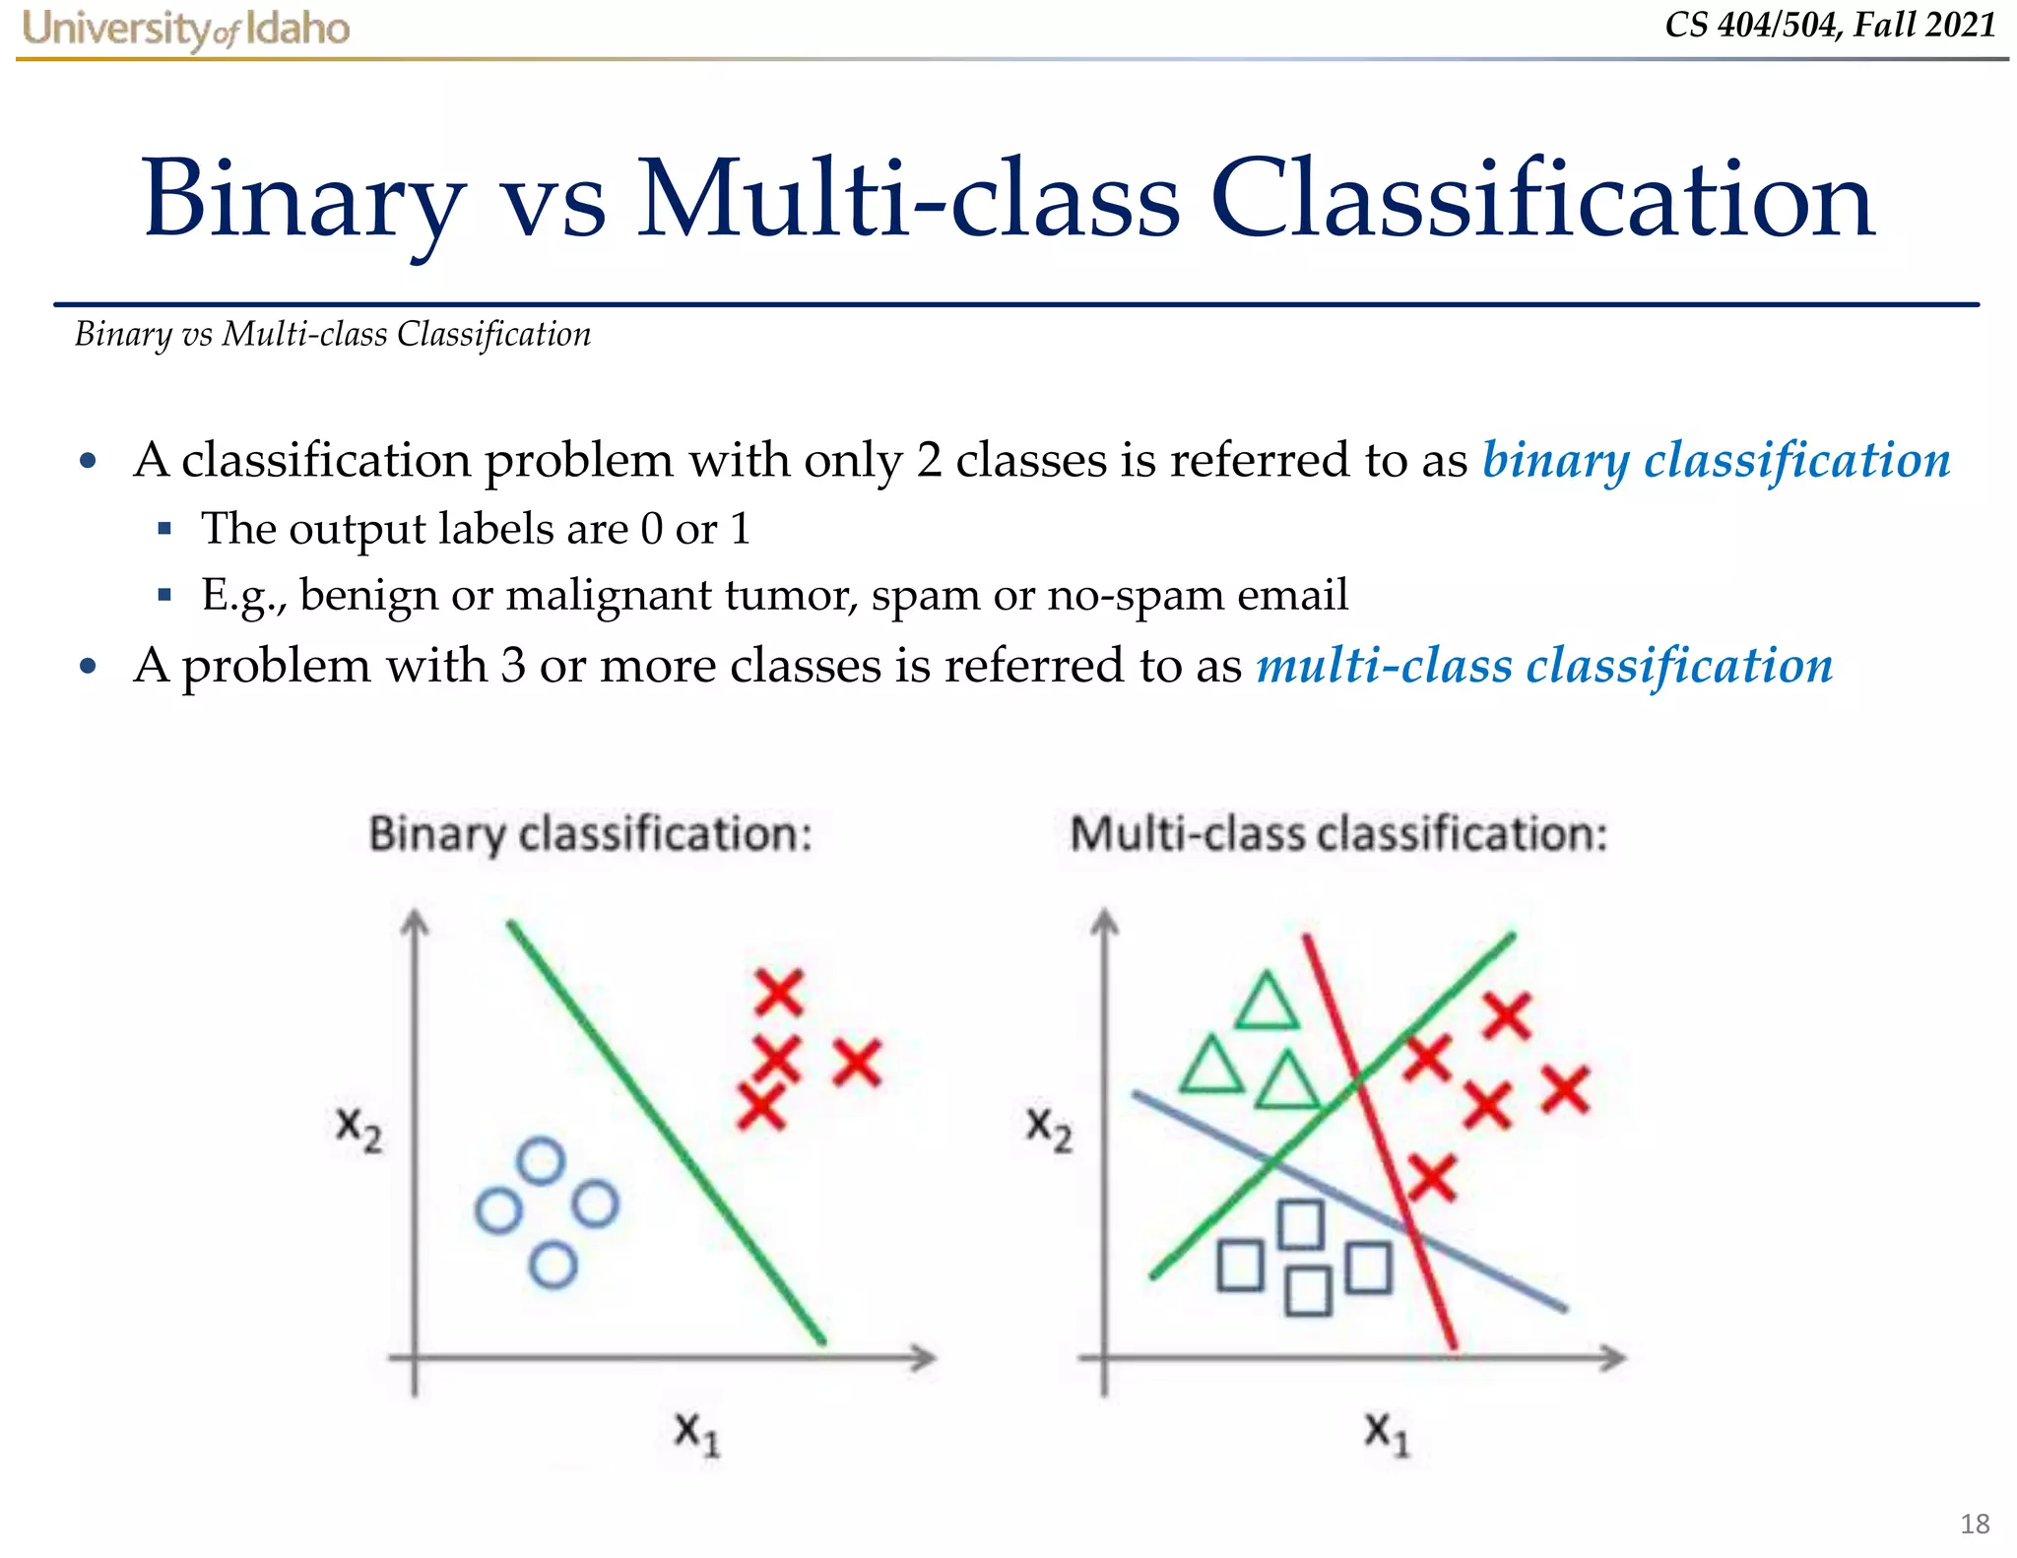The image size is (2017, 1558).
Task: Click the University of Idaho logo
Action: (x=185, y=29)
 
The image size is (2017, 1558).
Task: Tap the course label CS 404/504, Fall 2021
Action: (x=1830, y=25)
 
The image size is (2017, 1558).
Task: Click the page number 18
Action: (x=1974, y=1524)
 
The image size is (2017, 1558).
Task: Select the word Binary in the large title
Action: (x=303, y=200)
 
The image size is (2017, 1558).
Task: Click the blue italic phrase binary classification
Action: (x=1716, y=460)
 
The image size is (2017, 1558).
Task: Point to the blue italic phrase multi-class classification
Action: (x=1543, y=665)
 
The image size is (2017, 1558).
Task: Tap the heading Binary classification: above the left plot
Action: (x=590, y=834)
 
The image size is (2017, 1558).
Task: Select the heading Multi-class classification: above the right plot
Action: (x=1338, y=834)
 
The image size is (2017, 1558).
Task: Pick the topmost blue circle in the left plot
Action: (x=541, y=1161)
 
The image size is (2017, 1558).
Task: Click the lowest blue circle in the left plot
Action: (x=553, y=1265)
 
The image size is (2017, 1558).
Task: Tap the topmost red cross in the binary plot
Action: (x=779, y=992)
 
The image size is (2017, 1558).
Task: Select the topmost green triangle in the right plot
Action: (x=1267, y=1004)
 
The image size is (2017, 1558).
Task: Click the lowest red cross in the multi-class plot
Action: (x=1431, y=1178)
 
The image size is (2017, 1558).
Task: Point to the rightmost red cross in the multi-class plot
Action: (x=1565, y=1090)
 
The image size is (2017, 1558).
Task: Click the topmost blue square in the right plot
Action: (x=1300, y=1224)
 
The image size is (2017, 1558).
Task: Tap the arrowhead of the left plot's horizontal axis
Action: (x=923, y=1358)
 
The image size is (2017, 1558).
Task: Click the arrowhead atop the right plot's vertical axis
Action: (x=1105, y=922)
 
